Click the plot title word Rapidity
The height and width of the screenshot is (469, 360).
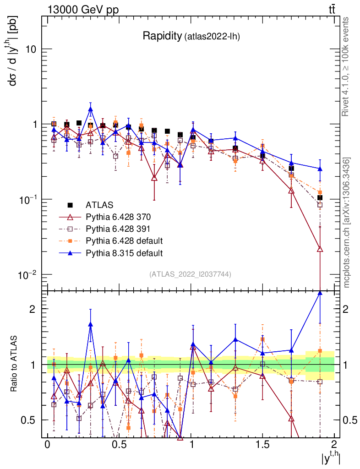point(162,36)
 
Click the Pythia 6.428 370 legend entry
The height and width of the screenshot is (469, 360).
point(118,217)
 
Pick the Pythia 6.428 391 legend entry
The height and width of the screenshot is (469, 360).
point(118,229)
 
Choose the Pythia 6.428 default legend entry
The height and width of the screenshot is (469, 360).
point(124,240)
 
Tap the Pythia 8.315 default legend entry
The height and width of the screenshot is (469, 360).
point(124,252)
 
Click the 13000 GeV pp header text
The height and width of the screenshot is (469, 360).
point(82,10)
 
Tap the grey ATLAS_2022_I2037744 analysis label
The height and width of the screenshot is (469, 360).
point(190,274)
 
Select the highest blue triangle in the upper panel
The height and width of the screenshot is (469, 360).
point(91,109)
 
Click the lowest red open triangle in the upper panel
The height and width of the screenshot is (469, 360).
point(320,249)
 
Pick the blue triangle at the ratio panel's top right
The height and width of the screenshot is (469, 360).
point(320,294)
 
